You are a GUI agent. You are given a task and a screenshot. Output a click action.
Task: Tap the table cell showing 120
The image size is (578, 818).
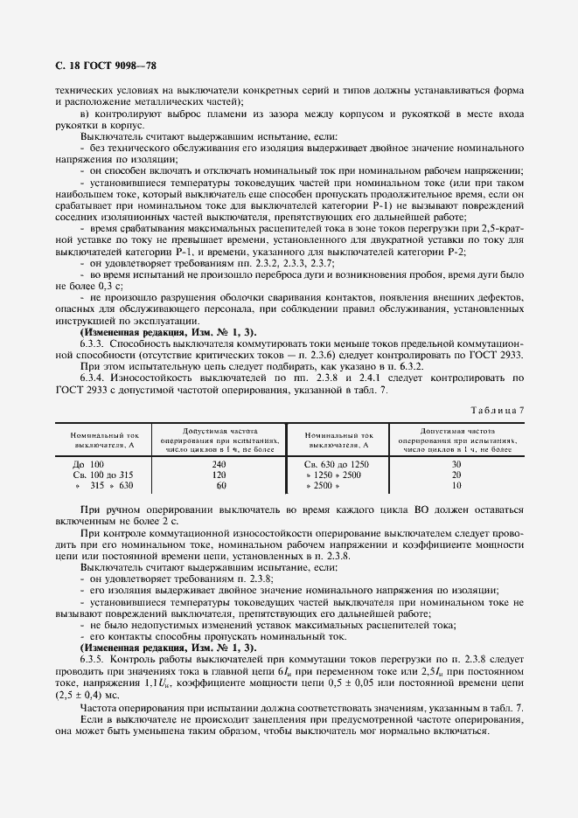220,474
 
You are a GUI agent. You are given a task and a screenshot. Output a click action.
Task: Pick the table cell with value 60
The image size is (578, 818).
220,485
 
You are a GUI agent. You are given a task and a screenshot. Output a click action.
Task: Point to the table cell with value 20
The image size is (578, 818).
456,474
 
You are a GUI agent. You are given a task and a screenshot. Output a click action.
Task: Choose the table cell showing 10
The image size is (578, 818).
456,485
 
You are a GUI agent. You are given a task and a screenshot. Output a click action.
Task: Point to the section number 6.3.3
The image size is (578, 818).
94,343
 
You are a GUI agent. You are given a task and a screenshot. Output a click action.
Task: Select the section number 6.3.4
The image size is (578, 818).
94,378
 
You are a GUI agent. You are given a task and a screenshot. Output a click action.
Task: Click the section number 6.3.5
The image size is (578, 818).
94,661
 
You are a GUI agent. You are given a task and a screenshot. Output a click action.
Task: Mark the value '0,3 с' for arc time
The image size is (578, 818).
108,286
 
